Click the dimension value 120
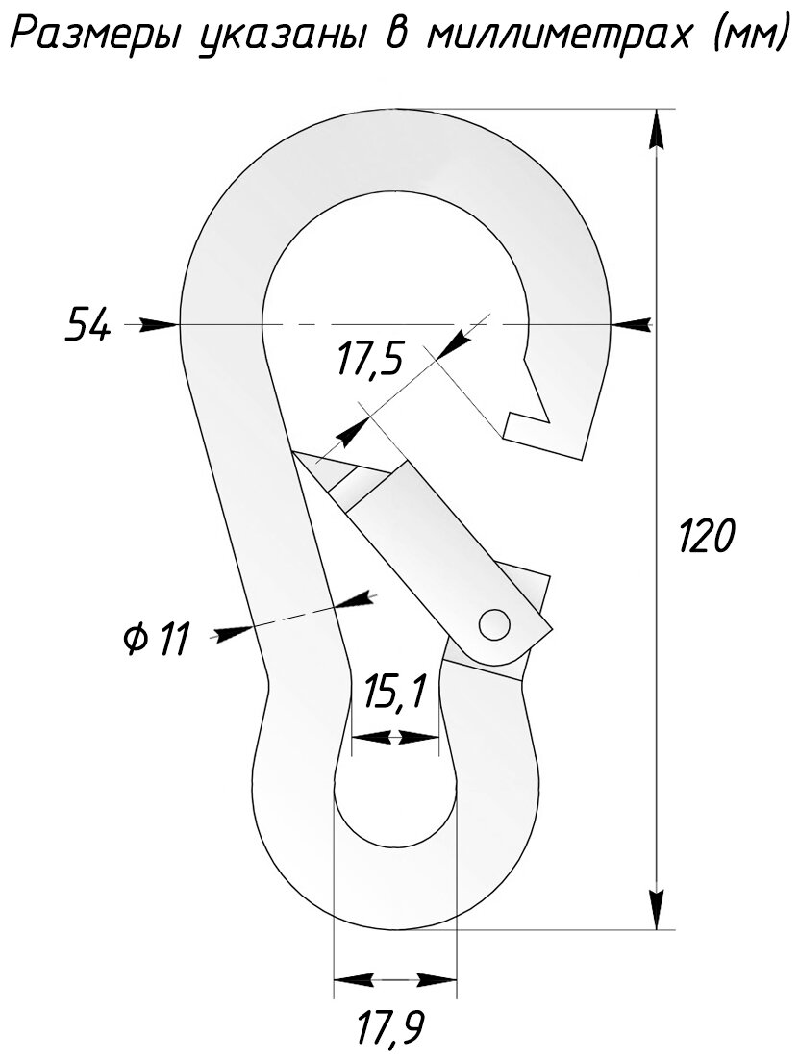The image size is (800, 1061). pyautogui.click(x=706, y=536)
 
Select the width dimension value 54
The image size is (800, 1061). pyautogui.click(x=87, y=325)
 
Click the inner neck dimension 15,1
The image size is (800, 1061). pyautogui.click(x=394, y=692)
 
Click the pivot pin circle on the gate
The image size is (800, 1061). pyautogui.click(x=495, y=623)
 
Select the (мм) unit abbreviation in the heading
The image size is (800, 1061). pyautogui.click(x=736, y=38)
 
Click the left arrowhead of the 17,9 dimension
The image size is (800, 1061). pyautogui.click(x=352, y=980)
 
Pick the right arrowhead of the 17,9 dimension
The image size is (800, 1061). pyautogui.click(x=437, y=980)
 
